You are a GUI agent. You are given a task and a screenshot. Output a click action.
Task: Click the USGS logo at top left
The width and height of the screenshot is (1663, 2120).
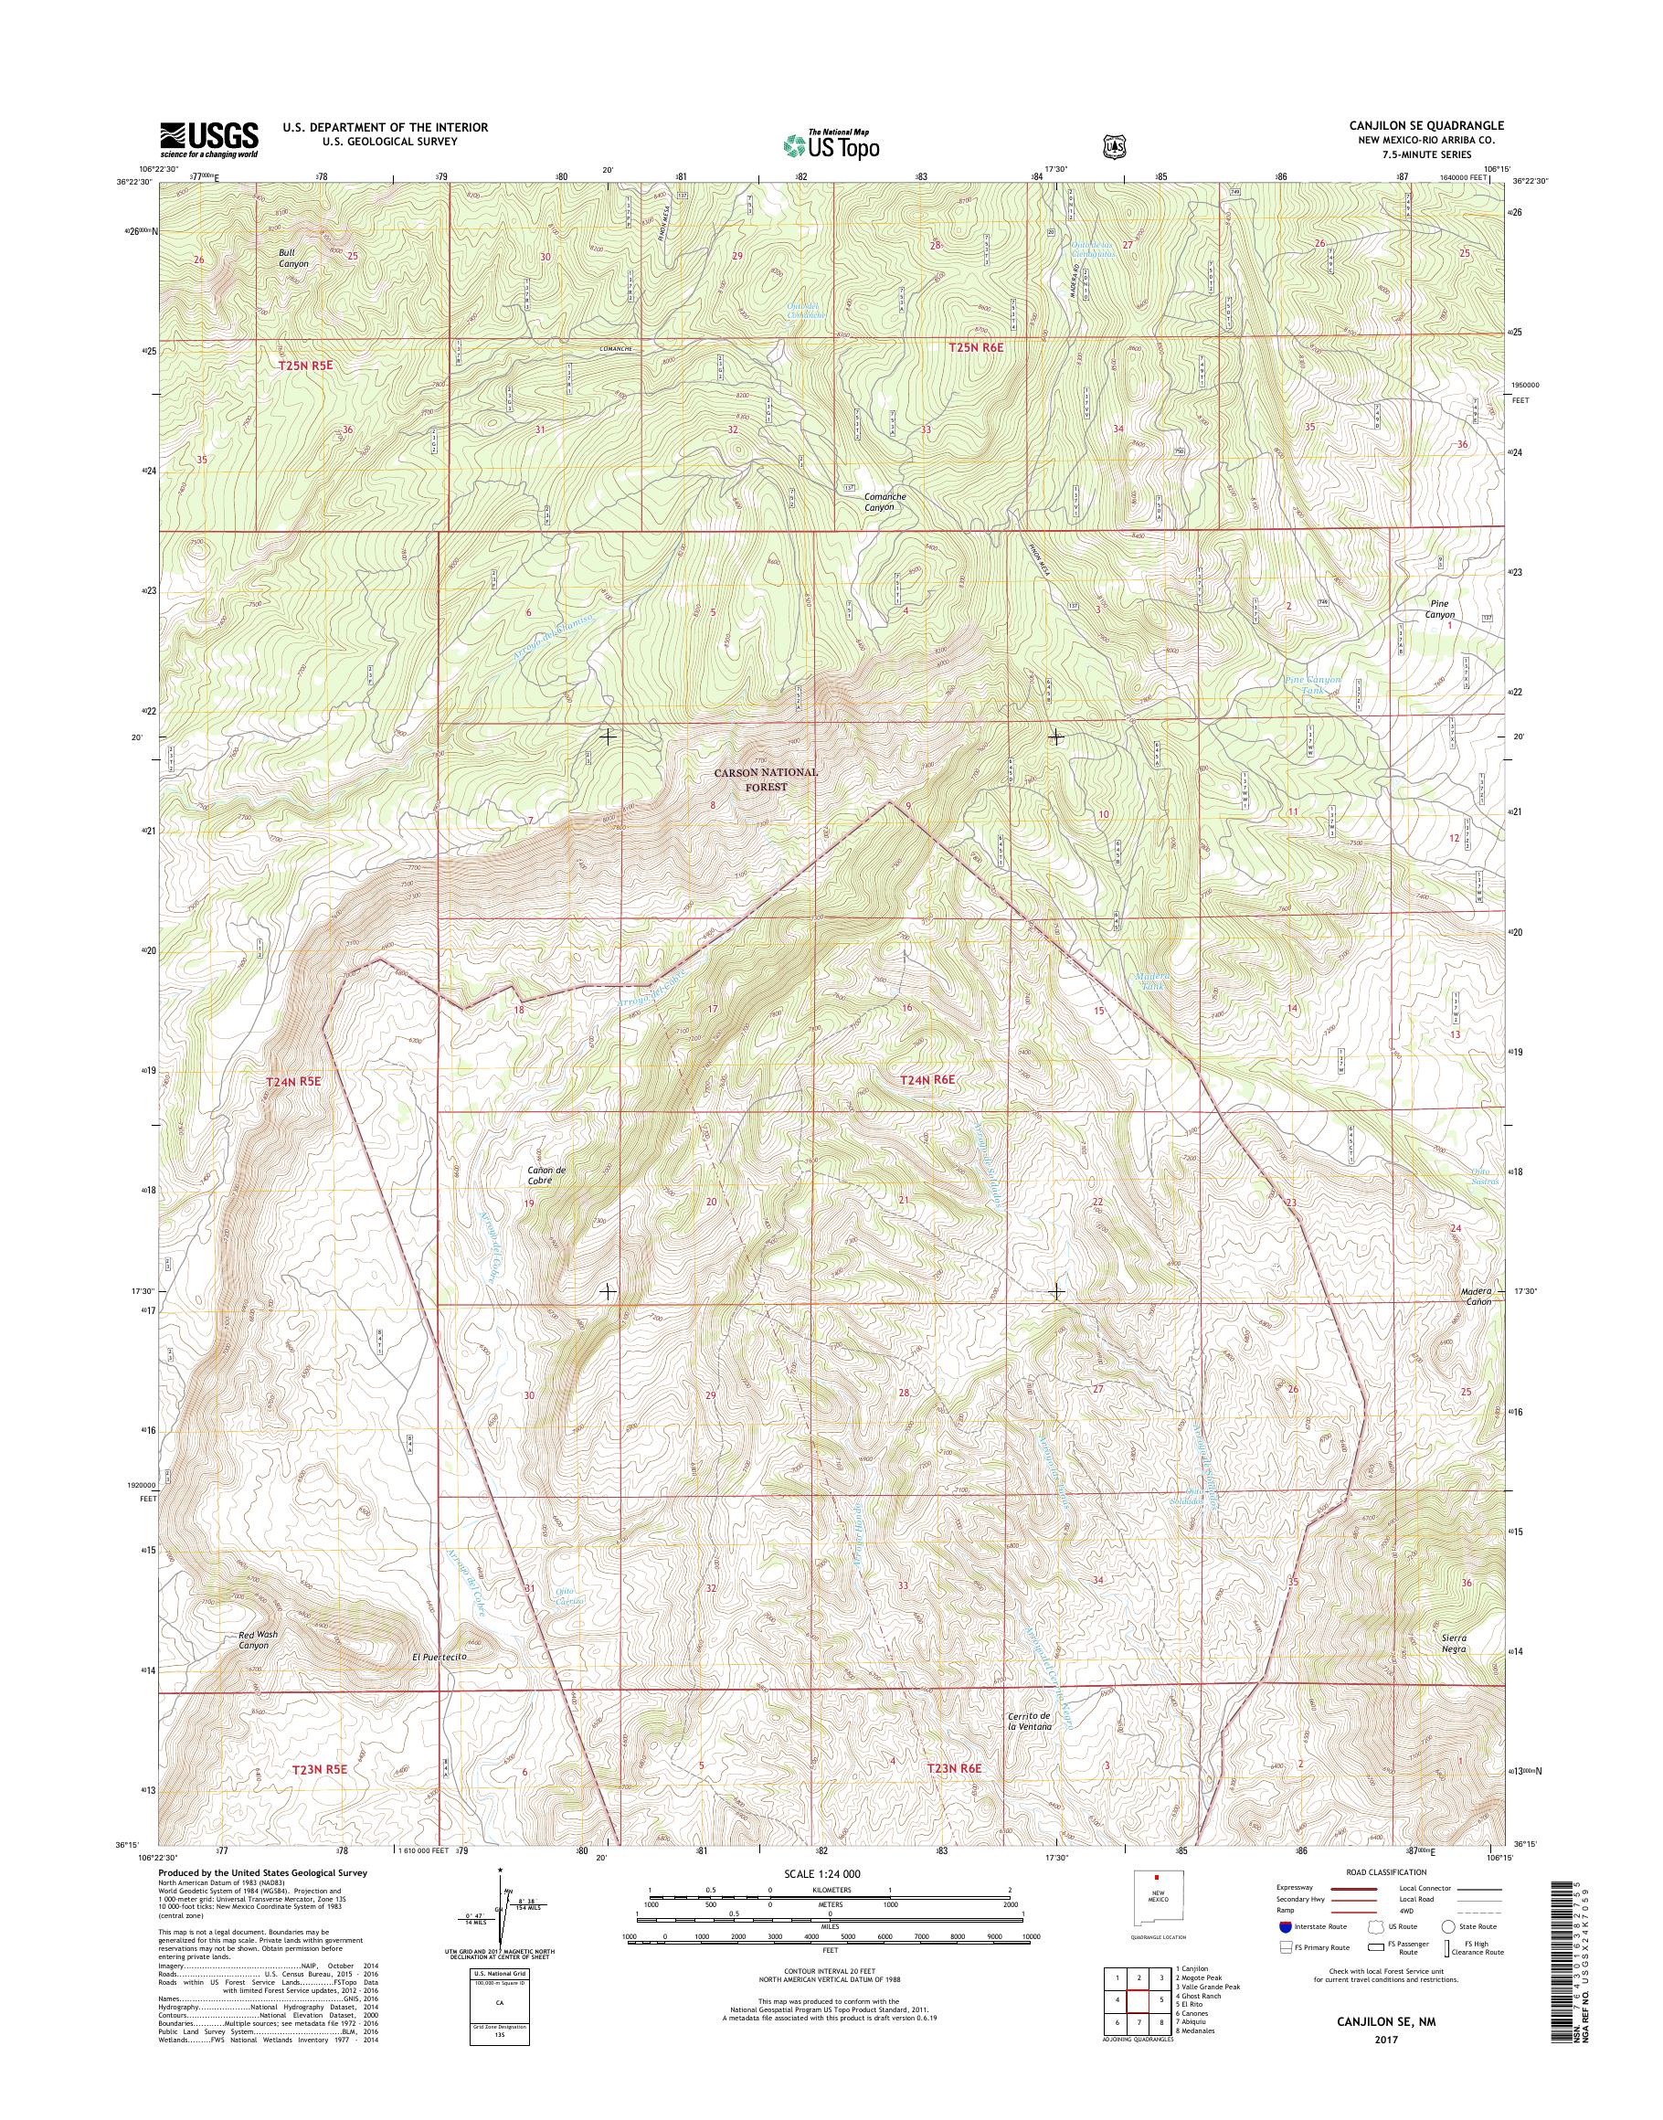point(208,139)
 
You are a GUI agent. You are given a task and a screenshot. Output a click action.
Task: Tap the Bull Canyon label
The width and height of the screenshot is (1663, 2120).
point(293,258)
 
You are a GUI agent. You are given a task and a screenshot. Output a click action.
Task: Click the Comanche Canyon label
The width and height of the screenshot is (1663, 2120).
point(885,502)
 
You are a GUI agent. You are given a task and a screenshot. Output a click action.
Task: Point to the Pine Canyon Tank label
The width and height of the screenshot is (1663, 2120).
point(1313,684)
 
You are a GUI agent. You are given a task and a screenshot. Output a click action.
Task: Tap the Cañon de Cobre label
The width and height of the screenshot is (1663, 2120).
point(539,1175)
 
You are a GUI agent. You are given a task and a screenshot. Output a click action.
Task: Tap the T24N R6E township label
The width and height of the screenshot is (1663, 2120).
point(929,1080)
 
